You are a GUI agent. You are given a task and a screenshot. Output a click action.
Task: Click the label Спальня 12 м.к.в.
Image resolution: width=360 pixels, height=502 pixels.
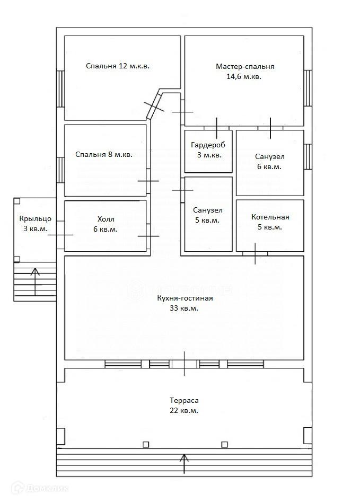pyautogui.click(x=118, y=66)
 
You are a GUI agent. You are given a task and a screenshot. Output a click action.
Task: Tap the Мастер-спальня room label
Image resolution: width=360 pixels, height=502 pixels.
pyautogui.click(x=245, y=71)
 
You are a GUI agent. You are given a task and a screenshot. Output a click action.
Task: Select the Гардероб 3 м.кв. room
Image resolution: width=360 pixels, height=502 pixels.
pyautogui.click(x=209, y=151)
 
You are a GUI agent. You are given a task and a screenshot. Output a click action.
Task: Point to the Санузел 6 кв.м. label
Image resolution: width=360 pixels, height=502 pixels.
pyautogui.click(x=269, y=161)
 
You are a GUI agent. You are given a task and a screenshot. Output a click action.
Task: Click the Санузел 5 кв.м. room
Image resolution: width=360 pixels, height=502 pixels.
pyautogui.click(x=208, y=215)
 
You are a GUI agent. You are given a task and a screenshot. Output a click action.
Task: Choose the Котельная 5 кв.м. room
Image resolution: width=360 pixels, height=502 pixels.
pyautogui.click(x=270, y=222)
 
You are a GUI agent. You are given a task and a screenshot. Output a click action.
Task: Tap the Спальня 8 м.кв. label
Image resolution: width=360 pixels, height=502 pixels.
pyautogui.click(x=104, y=155)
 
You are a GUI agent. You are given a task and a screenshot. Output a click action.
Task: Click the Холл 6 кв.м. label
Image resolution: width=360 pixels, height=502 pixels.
pyautogui.click(x=106, y=224)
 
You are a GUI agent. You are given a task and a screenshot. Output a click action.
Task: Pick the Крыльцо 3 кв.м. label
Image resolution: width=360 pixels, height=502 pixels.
pyautogui.click(x=35, y=224)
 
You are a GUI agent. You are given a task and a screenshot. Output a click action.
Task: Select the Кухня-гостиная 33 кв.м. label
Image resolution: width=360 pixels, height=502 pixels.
pyautogui.click(x=185, y=303)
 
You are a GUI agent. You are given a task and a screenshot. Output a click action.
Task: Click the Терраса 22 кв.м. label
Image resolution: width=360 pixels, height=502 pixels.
pyautogui.click(x=185, y=406)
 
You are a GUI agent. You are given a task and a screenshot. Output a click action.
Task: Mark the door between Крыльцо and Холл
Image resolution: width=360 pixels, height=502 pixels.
pyautogui.click(x=60, y=235)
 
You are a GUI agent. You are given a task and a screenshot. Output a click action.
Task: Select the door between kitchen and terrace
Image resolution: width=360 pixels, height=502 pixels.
pyautogui.click(x=185, y=364)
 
